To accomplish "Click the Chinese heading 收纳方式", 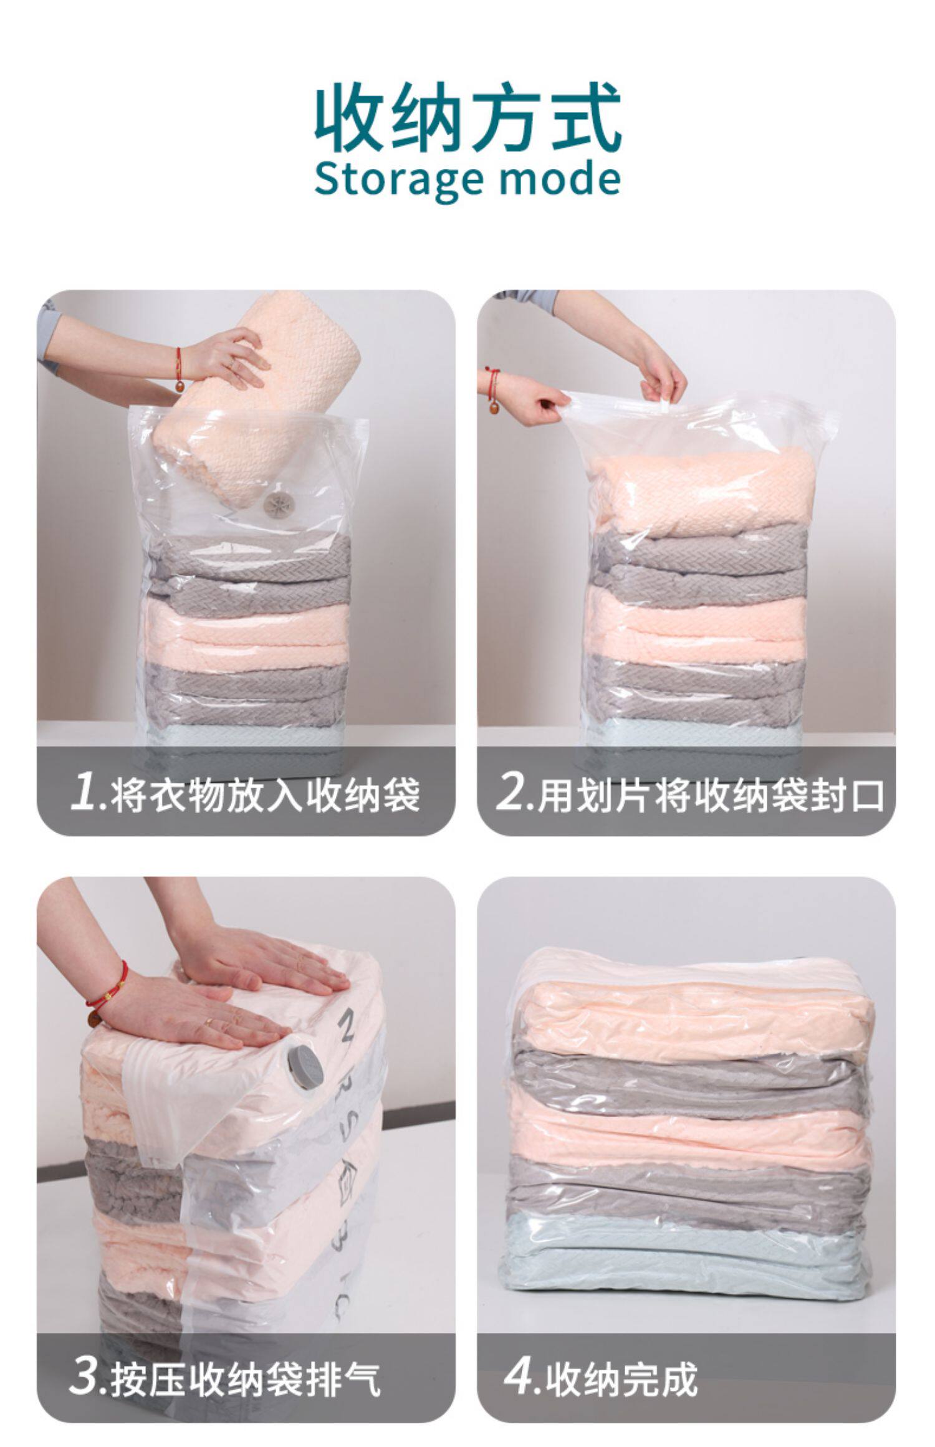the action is [467, 118].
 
